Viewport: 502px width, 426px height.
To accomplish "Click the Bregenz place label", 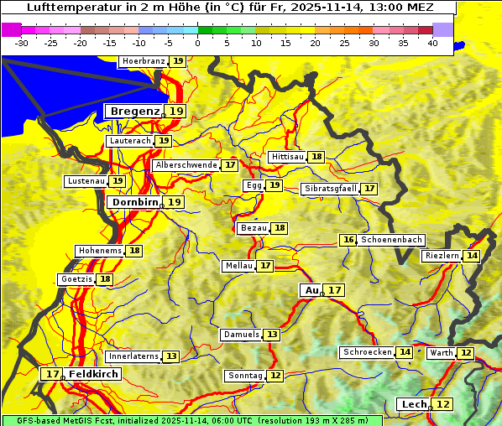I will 133,111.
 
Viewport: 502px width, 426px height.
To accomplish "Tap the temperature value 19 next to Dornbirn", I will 174,202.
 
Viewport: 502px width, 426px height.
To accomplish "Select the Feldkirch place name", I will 93,374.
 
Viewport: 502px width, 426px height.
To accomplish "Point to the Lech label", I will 414,404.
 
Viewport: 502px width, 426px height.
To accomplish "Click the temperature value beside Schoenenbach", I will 348,240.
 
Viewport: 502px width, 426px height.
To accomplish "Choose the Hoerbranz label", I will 142,61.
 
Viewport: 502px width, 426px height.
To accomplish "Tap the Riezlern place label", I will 442,256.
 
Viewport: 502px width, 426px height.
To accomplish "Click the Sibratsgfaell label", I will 330,189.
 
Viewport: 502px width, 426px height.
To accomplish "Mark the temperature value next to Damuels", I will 271,335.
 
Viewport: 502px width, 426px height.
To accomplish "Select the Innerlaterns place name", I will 133,356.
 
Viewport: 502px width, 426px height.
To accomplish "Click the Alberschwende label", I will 186,165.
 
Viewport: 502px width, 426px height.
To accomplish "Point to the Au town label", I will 311,290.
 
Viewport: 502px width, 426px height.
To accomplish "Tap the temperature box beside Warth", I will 465,353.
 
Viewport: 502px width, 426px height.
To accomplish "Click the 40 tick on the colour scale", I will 431,43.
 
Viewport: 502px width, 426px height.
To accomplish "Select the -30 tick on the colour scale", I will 22,43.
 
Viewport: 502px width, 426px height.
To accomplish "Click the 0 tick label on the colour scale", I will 197,43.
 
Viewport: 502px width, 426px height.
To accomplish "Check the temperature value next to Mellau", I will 265,266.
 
